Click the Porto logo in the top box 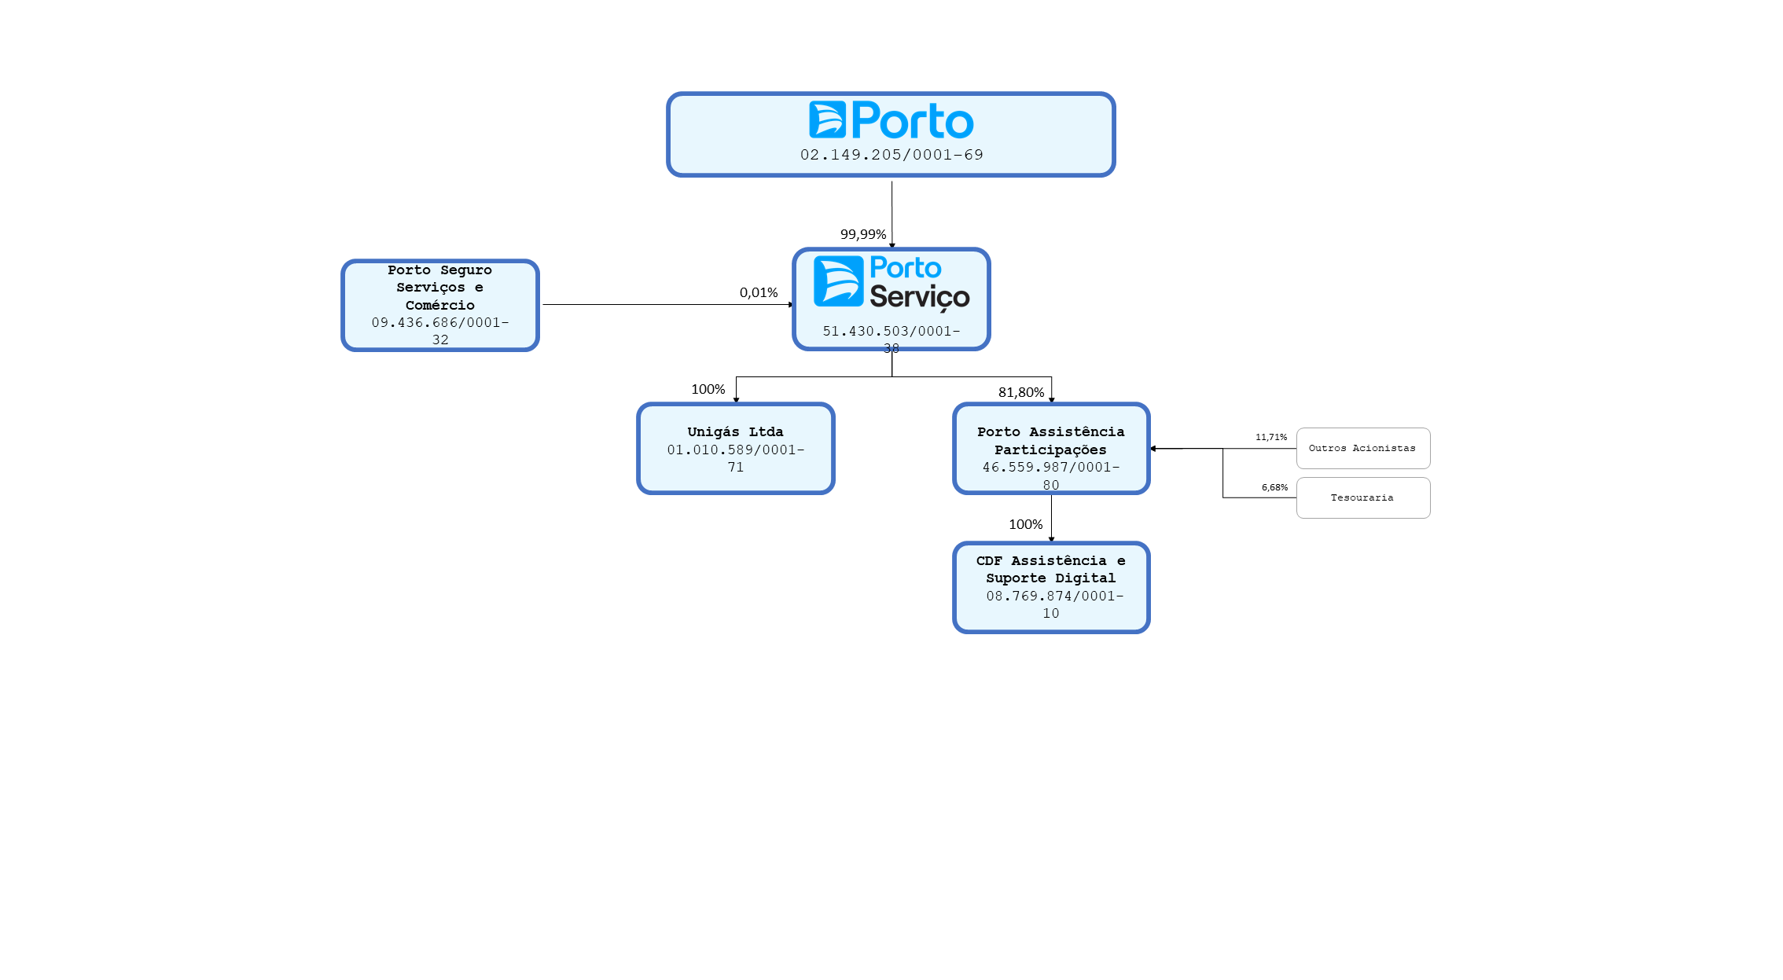891,120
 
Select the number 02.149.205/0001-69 891,155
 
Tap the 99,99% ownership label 863,234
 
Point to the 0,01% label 759,292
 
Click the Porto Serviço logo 891,282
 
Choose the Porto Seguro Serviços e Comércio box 440,305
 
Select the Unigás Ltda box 736,449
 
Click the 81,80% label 1021,392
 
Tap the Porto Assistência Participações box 1051,449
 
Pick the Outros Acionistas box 1363,448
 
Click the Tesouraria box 1363,497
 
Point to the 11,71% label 1271,437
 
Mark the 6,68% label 1274,487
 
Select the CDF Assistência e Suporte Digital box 1051,587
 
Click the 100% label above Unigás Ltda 708,389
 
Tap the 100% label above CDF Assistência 1026,524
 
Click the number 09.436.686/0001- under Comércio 440,322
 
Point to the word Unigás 713,431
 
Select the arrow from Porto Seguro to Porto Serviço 668,304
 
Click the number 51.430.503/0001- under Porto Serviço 891,331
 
